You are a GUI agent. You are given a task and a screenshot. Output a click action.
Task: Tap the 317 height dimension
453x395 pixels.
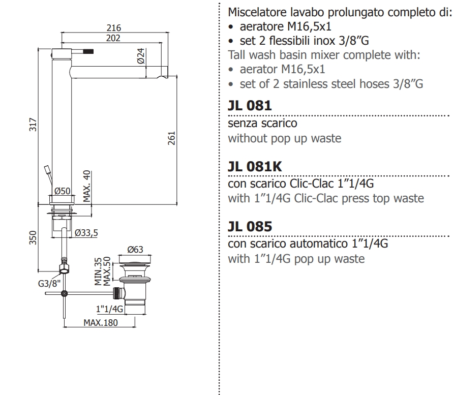[x=32, y=124]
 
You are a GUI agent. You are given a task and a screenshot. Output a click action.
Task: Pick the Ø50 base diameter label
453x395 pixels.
[x=62, y=191]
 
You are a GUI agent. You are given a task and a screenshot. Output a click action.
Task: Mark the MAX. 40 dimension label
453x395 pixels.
[x=86, y=186]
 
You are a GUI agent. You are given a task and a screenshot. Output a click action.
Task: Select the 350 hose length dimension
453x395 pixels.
[x=32, y=237]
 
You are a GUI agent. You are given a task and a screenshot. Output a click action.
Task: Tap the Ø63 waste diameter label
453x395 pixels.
[x=135, y=250]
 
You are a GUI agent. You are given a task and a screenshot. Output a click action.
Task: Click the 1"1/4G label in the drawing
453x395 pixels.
[x=109, y=308]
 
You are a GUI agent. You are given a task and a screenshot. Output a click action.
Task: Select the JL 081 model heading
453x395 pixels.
[x=250, y=106]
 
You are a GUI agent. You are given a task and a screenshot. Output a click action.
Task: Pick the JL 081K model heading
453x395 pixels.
[x=254, y=166]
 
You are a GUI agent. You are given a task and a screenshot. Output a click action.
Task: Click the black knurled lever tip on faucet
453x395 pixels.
[x=89, y=52]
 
